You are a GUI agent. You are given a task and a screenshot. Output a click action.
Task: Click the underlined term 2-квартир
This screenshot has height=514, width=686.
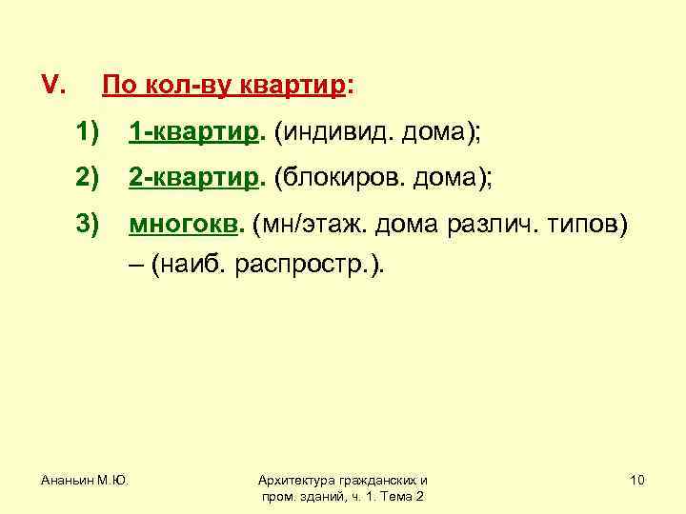(x=193, y=180)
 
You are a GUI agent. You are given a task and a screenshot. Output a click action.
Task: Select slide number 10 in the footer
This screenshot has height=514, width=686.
(x=637, y=480)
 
